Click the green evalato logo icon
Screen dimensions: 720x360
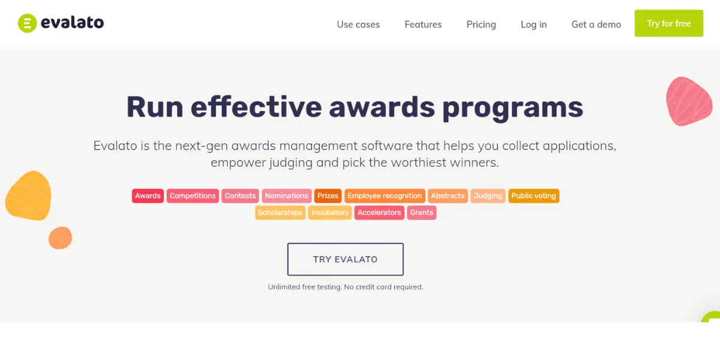pyautogui.click(x=28, y=23)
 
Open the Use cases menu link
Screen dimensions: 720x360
pyautogui.click(x=358, y=25)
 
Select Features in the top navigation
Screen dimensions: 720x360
pyautogui.click(x=423, y=25)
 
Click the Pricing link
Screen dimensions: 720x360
pyautogui.click(x=481, y=25)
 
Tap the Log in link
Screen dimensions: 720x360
pyautogui.click(x=533, y=25)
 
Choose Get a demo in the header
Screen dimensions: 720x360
pyautogui.click(x=596, y=25)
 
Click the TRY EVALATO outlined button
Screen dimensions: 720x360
pyautogui.click(x=346, y=259)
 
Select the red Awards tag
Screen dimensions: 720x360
pyautogui.click(x=148, y=196)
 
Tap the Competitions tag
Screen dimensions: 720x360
pyautogui.click(x=193, y=196)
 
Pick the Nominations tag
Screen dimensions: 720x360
pyautogui.click(x=286, y=196)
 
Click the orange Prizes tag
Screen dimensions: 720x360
pyautogui.click(x=328, y=196)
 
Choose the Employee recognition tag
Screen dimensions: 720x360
pyautogui.click(x=385, y=196)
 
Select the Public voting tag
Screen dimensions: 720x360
pyautogui.click(x=533, y=196)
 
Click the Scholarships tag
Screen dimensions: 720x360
pyautogui.click(x=280, y=213)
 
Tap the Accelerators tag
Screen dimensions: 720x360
pyautogui.click(x=379, y=213)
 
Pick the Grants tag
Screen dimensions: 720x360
pyautogui.click(x=422, y=213)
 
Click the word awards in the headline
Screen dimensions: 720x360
pyautogui.click(x=382, y=107)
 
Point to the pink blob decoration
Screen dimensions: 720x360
pyautogui.click(x=689, y=101)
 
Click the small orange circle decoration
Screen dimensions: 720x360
pyautogui.click(x=60, y=238)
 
